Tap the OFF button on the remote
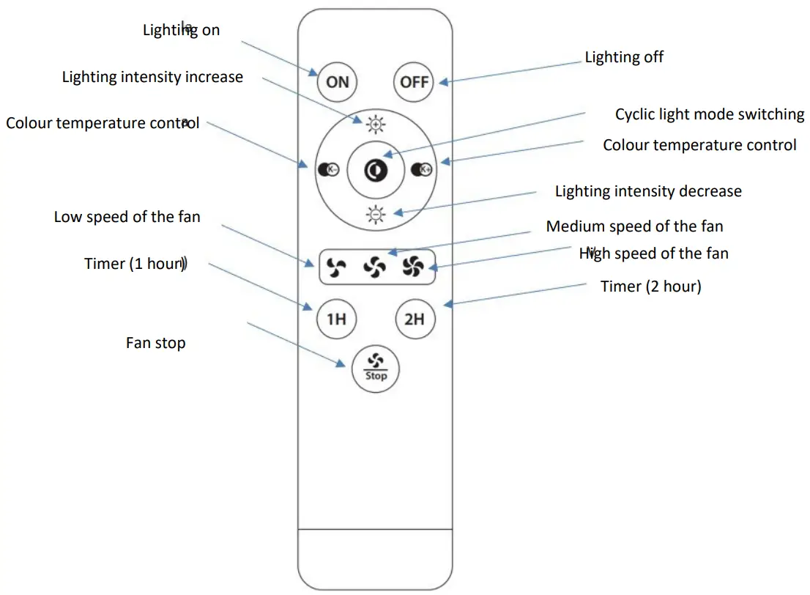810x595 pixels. [414, 81]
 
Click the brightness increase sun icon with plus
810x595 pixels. [375, 125]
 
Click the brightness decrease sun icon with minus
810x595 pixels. [375, 214]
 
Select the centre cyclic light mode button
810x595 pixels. [375, 169]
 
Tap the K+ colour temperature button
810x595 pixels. [422, 169]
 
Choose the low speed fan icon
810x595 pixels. [335, 267]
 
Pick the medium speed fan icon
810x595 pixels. [374, 267]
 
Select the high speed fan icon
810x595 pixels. [413, 267]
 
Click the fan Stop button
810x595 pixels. [375, 366]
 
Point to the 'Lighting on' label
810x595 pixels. [181, 31]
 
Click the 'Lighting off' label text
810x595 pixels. [624, 57]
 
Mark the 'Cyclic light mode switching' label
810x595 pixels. [709, 114]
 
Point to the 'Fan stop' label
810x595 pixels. [155, 343]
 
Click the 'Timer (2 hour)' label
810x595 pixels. [650, 287]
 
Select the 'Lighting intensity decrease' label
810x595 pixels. [647, 191]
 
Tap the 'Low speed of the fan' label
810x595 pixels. [127, 217]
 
